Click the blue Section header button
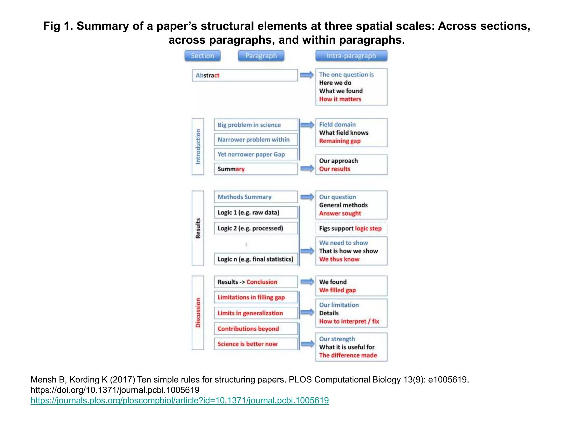click(x=202, y=56)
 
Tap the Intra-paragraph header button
click(x=351, y=56)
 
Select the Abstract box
click(x=245, y=75)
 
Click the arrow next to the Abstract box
click(x=307, y=75)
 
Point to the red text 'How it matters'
click(x=340, y=99)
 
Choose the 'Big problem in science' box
click(x=256, y=125)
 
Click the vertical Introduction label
click(x=198, y=146)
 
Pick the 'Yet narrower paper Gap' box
click(x=256, y=154)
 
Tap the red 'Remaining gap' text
click(x=340, y=141)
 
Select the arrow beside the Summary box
click(x=307, y=169)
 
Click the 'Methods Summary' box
click(x=256, y=197)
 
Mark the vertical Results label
click(x=198, y=228)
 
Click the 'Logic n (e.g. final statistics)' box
click(x=256, y=259)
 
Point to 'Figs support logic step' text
click(x=350, y=228)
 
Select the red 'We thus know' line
click(x=339, y=259)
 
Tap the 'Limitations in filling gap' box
click(x=256, y=297)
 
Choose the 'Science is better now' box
click(x=256, y=344)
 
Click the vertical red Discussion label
click(x=198, y=313)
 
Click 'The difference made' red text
click(x=348, y=355)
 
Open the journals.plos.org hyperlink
click(x=180, y=400)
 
